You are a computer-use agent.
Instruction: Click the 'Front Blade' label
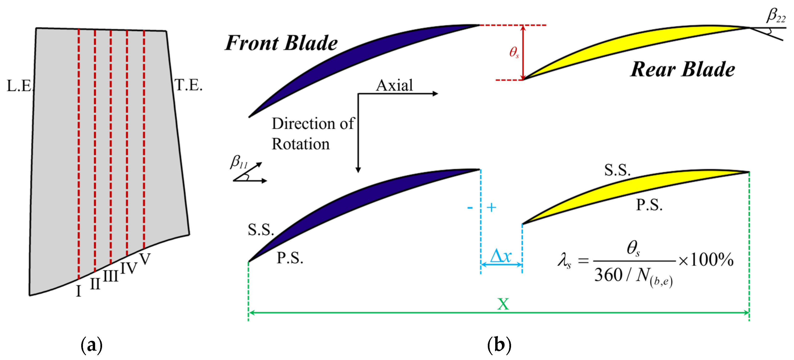click(281, 43)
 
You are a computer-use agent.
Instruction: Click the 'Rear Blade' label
click(682, 69)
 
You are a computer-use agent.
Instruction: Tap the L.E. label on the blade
click(19, 86)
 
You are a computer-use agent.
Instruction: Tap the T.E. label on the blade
click(188, 85)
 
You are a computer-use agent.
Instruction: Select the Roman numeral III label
click(110, 276)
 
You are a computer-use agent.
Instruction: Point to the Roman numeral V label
click(145, 259)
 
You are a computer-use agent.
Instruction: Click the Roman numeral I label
click(79, 291)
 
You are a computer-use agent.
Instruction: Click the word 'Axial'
click(394, 85)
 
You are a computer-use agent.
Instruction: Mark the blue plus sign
click(491, 207)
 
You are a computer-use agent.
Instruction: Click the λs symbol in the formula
click(564, 260)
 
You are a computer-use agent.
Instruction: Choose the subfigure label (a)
click(91, 345)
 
